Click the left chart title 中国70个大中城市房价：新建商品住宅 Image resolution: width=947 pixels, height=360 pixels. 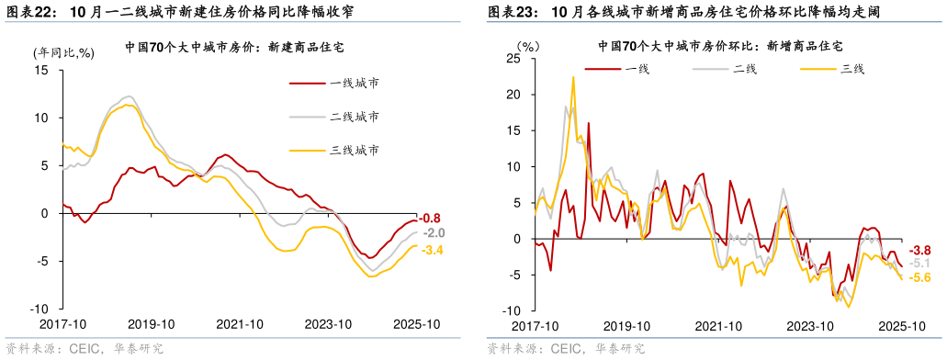click(240, 45)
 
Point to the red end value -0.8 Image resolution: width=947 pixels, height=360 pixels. click(432, 219)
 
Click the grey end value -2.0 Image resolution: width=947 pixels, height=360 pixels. click(434, 233)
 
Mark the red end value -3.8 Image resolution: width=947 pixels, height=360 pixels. click(919, 250)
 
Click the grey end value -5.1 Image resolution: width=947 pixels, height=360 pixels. click(919, 264)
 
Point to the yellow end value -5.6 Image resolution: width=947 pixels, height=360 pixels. click(919, 278)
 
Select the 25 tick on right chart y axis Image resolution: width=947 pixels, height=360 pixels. click(513, 59)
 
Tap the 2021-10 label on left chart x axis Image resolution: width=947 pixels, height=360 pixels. click(241, 324)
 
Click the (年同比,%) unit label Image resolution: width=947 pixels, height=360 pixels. click(63, 52)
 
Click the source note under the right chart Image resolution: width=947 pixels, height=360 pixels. click(566, 349)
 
